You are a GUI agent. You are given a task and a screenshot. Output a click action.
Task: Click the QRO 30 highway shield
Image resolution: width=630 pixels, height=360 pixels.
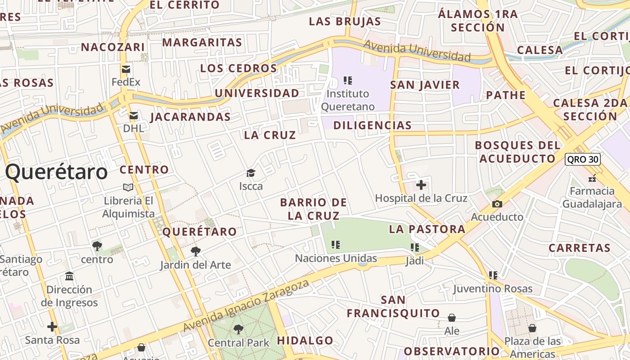point(583,159)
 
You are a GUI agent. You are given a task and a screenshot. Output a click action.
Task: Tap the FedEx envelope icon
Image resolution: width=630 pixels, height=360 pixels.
point(126,69)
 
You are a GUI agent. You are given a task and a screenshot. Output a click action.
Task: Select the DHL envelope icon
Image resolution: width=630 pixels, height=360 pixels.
point(133,116)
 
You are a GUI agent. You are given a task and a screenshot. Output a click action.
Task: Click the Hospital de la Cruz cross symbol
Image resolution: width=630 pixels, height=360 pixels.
point(421,185)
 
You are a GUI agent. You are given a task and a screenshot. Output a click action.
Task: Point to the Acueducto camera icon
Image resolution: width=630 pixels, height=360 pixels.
point(497,204)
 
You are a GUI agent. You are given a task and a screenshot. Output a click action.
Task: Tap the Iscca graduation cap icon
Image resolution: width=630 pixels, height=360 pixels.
point(251,173)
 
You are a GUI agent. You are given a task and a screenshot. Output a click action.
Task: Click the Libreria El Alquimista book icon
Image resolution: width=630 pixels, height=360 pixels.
point(128,187)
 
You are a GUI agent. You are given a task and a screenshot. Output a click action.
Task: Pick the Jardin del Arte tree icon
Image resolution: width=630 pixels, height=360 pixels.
point(195,251)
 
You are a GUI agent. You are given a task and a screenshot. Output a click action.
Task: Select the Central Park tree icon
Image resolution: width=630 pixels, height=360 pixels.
point(238,329)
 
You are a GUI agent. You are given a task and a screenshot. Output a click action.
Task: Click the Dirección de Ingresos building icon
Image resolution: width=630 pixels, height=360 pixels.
point(69,276)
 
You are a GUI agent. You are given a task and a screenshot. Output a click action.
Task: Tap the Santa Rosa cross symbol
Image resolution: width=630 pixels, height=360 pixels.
point(52,327)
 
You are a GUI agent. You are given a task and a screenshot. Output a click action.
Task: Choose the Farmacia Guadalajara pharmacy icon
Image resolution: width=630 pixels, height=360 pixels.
point(592,178)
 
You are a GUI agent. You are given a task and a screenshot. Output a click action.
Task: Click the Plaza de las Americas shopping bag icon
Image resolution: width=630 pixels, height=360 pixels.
point(532,328)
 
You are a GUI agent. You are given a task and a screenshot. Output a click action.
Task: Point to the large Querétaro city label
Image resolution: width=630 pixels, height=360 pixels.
point(57,172)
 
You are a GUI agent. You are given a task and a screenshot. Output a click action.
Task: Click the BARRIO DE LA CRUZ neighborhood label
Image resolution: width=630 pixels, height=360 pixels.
point(313,209)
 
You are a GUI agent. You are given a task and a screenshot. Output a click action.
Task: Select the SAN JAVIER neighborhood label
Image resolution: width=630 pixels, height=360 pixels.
point(425,85)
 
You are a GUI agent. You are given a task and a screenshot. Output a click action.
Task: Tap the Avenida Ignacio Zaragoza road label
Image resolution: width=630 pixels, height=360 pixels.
point(247,306)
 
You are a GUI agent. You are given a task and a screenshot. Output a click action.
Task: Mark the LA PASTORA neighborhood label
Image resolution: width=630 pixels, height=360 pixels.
point(427,229)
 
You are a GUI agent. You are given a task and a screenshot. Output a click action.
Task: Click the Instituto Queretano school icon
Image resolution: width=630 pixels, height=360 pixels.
point(347,81)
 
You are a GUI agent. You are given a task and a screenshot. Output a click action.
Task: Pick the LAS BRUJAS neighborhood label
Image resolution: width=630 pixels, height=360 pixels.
point(345,21)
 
